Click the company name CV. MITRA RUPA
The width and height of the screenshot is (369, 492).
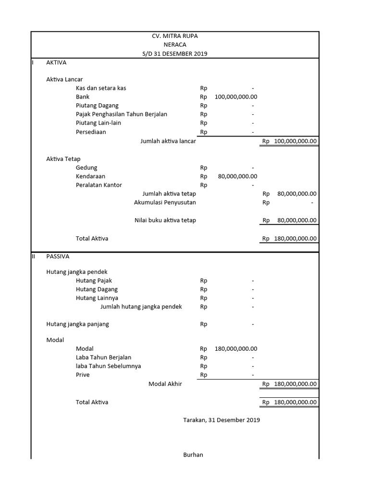point(174,36)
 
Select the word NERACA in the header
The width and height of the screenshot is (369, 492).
point(174,45)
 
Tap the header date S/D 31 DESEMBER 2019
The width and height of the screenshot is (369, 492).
point(174,54)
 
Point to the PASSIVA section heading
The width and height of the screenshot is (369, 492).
point(58,257)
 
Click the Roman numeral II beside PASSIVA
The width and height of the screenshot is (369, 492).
point(33,257)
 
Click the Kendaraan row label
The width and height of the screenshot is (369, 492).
point(90,176)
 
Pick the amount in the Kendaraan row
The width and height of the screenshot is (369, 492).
point(237,176)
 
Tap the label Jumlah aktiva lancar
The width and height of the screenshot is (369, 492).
point(168,141)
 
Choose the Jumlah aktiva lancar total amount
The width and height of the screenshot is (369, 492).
point(295,141)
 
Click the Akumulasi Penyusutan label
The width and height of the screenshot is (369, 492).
point(165,202)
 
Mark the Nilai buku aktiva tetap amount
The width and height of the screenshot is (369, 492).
point(296,221)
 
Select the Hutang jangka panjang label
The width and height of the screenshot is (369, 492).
point(77,324)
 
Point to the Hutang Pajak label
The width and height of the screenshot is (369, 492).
point(94,281)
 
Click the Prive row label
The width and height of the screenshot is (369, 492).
point(83,375)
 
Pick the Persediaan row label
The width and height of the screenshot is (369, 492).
point(91,132)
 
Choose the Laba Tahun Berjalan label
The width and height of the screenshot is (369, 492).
point(103,357)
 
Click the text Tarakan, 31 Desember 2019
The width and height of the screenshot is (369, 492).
point(221,420)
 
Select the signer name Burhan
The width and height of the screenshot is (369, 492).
point(193,455)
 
